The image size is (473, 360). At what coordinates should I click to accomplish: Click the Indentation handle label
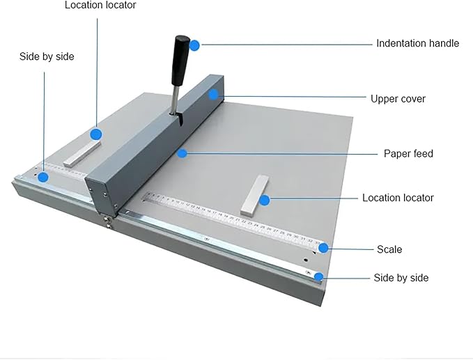click(x=417, y=43)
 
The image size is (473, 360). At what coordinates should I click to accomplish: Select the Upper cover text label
click(x=398, y=98)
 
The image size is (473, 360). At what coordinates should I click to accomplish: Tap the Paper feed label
click(x=408, y=153)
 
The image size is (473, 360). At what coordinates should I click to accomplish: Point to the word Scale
click(x=389, y=249)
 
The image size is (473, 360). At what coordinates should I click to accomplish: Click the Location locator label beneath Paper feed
click(x=398, y=198)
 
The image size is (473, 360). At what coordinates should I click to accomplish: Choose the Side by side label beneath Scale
click(x=401, y=278)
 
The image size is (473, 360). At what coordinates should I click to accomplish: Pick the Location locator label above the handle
click(x=100, y=6)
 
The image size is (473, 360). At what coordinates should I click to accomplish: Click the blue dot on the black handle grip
click(x=194, y=45)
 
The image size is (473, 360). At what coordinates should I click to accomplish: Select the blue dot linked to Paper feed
click(x=182, y=152)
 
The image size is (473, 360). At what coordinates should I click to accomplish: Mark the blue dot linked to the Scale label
click(x=323, y=248)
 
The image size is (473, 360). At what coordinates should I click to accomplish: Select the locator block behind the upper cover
click(x=82, y=154)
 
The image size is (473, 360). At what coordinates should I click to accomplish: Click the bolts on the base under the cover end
click(x=109, y=221)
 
